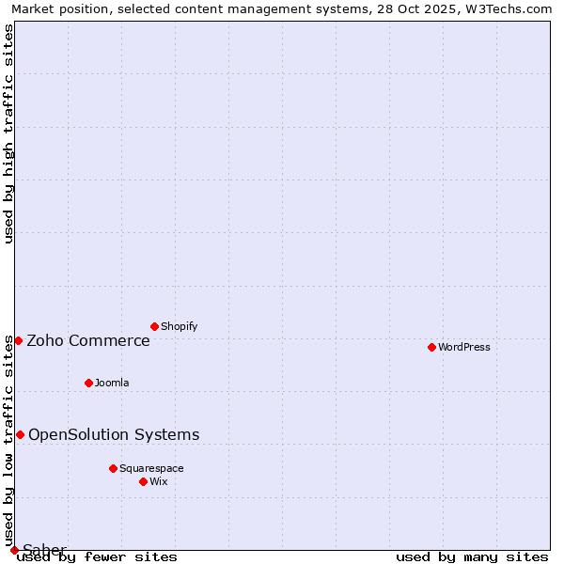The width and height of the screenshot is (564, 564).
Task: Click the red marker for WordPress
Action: tap(431, 347)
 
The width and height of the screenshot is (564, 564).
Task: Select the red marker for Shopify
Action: tap(154, 326)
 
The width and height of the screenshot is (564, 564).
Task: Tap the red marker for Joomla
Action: tap(88, 383)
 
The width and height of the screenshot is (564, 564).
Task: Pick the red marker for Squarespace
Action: tap(113, 468)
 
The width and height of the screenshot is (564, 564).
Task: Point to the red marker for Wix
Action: tap(143, 481)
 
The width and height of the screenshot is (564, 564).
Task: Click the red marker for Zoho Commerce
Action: tap(18, 340)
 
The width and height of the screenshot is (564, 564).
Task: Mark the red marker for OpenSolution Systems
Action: tap(20, 434)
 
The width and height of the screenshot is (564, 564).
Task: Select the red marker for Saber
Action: tap(14, 550)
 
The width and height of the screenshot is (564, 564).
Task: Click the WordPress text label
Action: tap(464, 347)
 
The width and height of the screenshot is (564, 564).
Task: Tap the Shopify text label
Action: tap(180, 326)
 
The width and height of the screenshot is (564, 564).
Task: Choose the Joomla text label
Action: tap(112, 383)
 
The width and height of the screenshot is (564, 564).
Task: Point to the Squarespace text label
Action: tap(151, 468)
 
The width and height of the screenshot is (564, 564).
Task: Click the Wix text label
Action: tap(159, 481)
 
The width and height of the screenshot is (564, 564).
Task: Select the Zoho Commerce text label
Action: tap(88, 340)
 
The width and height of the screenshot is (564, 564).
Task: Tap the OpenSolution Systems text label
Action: tap(114, 434)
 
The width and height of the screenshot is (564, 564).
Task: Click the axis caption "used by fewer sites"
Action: tap(98, 557)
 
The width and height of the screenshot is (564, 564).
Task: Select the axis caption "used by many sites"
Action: tap(472, 557)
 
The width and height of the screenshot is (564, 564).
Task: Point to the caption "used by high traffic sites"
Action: tap(8, 133)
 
